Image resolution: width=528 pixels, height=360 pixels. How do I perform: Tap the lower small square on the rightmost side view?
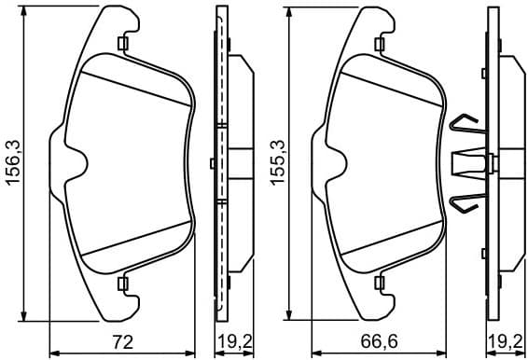click(483, 252)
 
